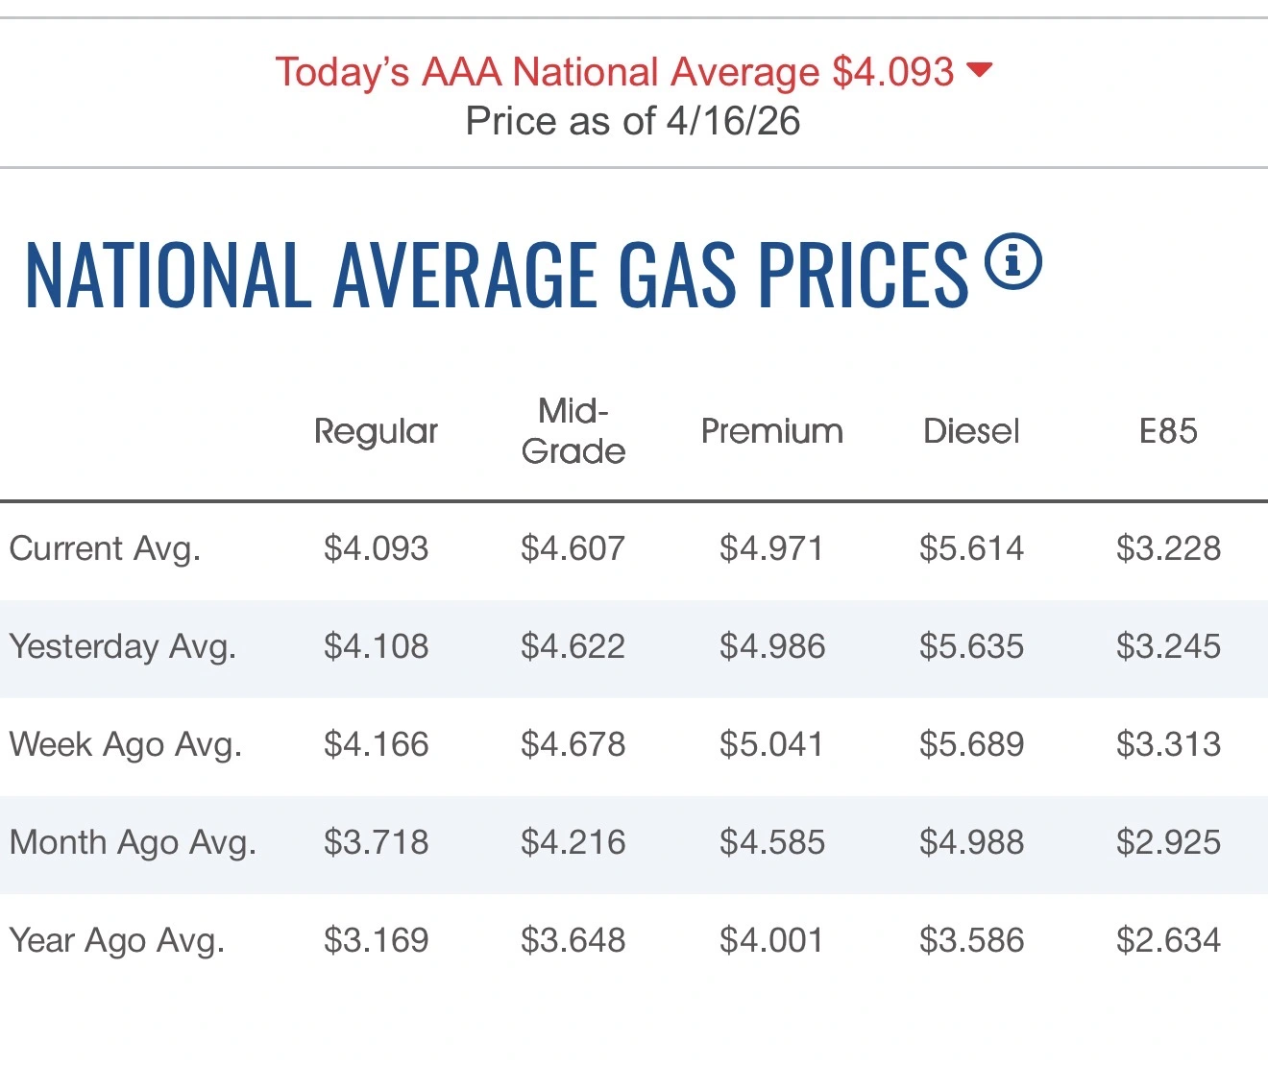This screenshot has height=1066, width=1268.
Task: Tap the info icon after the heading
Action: [1012, 262]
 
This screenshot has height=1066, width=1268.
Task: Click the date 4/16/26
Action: [733, 121]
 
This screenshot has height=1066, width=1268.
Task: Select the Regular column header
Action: [376, 432]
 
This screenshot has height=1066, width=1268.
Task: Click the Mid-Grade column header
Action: [573, 431]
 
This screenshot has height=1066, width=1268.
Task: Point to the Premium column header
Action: [772, 431]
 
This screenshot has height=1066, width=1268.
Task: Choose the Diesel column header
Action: [971, 431]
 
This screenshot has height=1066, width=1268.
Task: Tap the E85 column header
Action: [1168, 431]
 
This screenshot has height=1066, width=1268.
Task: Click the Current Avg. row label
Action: [105, 548]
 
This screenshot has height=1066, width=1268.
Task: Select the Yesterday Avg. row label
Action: [122, 646]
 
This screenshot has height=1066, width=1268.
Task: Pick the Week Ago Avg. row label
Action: [125, 744]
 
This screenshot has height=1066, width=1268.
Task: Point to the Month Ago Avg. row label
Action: [133, 842]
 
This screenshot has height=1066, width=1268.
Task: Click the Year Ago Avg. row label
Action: [116, 940]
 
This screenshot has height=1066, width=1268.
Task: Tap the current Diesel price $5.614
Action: [971, 548]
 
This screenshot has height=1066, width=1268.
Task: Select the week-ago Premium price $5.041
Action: [772, 744]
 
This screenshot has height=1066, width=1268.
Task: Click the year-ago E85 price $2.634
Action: [1168, 940]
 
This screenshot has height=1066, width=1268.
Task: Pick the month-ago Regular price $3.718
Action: [376, 842]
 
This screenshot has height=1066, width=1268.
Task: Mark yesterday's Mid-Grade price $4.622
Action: [573, 646]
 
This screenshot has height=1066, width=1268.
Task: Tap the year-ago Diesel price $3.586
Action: [971, 940]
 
